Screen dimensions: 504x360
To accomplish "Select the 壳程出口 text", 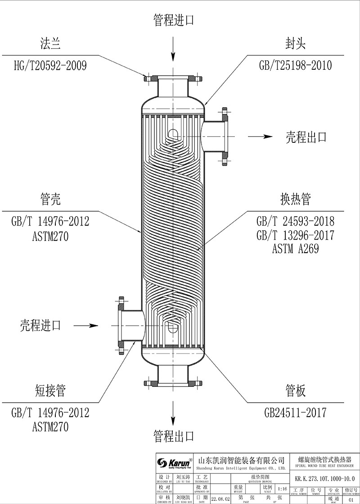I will pos(306,137).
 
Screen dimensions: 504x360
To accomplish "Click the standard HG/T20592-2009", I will pos(50,66).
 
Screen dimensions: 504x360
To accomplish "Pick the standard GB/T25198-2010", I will pos(295,66).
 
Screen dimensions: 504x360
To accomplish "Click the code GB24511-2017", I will pos(295,412).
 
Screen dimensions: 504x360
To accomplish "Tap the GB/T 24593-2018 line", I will pos(295,221).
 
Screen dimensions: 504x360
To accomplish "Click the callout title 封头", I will pos(295,44).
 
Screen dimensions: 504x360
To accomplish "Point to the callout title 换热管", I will pos(295,200).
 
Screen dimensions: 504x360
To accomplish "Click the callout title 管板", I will pos(295,390).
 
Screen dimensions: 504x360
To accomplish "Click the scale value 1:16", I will pos(282,489).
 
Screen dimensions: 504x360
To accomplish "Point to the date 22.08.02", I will pos(220,499).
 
